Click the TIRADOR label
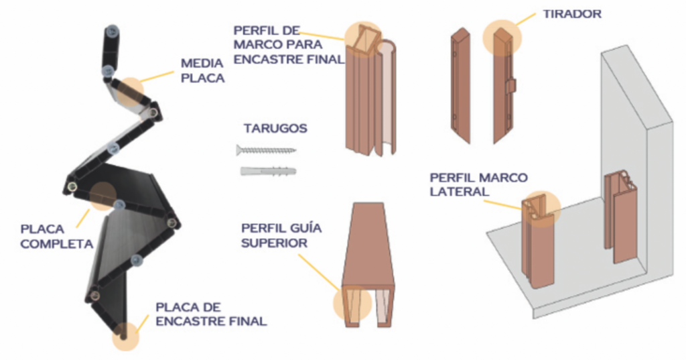pos(572,14)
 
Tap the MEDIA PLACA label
pos(202,70)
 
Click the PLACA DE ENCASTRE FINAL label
pos(211,314)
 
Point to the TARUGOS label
pos(275,128)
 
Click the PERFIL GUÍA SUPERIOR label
pos(281,235)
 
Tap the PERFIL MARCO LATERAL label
pos(478,184)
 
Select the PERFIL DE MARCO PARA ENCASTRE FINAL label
pos(289,45)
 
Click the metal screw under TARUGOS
pos(266,150)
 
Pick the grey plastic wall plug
pos(268,171)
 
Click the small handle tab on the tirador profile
pos(511,85)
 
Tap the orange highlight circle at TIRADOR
pos(502,38)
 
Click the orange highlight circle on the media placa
pos(131,91)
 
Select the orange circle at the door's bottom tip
pos(125,337)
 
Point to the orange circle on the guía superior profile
pos(352,303)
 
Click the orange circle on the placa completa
pos(102,196)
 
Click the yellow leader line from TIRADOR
pos(525,19)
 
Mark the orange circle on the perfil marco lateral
pos(541,209)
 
